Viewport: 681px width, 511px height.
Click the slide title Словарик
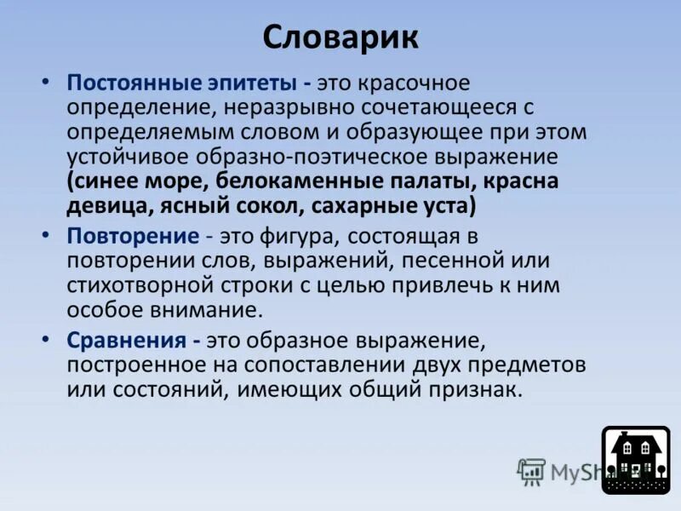pyautogui.click(x=340, y=37)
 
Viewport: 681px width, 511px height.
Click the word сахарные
pyautogui.click(x=361, y=207)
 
